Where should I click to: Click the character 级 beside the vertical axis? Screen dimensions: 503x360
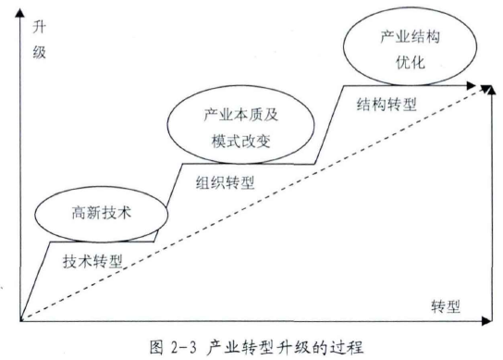coord(38,53)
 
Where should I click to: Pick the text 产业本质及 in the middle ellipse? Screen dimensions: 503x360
coord(239,118)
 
